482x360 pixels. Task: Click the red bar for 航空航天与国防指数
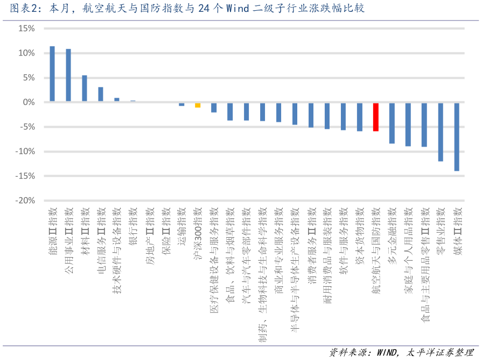[x=375, y=117]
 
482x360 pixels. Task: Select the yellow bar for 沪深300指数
[x=198, y=105]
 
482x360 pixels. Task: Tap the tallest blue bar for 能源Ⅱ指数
[x=52, y=74]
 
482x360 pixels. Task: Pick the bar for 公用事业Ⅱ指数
[x=68, y=75]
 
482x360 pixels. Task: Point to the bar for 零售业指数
[x=441, y=131]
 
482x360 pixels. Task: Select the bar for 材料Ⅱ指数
[x=85, y=88]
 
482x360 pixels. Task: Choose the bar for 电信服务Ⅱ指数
[x=101, y=94]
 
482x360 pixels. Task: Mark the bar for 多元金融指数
[x=392, y=123]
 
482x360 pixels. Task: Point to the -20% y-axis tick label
[x=24, y=200]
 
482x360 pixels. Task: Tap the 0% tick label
[x=28, y=102]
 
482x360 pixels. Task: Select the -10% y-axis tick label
[x=24, y=151]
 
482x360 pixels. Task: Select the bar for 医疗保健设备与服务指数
[x=214, y=107]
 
